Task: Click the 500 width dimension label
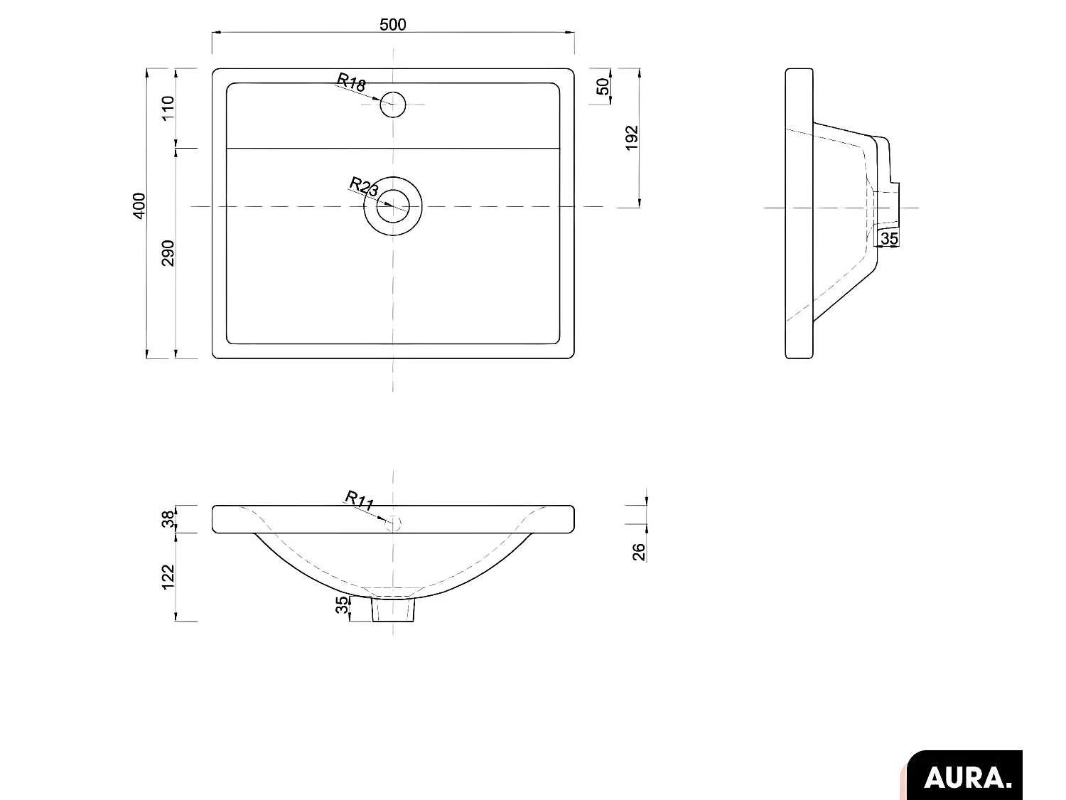pyautogui.click(x=392, y=25)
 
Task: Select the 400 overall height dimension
pyautogui.click(x=139, y=206)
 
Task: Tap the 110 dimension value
pyautogui.click(x=168, y=108)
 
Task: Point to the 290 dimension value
pyautogui.click(x=168, y=253)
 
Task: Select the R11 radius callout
pyautogui.click(x=360, y=500)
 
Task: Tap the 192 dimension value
pyautogui.click(x=632, y=137)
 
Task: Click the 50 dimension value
pyautogui.click(x=603, y=87)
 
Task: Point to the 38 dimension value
pyautogui.click(x=168, y=519)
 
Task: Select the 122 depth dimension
pyautogui.click(x=168, y=577)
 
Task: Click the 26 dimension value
pyautogui.click(x=639, y=551)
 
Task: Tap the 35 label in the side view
pyautogui.click(x=889, y=239)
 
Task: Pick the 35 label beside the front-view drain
pyautogui.click(x=343, y=605)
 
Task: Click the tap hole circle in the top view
pyautogui.click(x=392, y=105)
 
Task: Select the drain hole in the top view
pyautogui.click(x=393, y=207)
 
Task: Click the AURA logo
pyautogui.click(x=967, y=777)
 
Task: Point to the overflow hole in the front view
pyautogui.click(x=394, y=523)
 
